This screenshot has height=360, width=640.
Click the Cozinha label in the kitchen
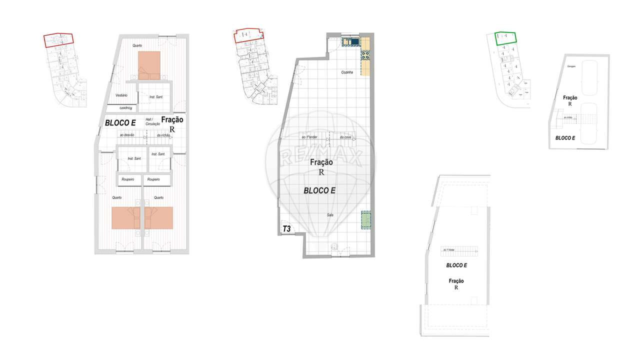point(347,73)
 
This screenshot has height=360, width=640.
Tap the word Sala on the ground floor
point(330,215)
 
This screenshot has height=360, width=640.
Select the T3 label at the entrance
point(287,229)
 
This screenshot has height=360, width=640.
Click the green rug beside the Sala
point(366,220)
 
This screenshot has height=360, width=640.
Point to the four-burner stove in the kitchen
point(364,55)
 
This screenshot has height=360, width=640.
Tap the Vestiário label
point(121,95)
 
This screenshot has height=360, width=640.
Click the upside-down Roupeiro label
point(123,108)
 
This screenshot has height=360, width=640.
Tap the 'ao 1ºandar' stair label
point(310,137)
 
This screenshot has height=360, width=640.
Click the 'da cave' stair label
point(345,137)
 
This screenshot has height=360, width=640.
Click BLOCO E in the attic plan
point(456,265)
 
